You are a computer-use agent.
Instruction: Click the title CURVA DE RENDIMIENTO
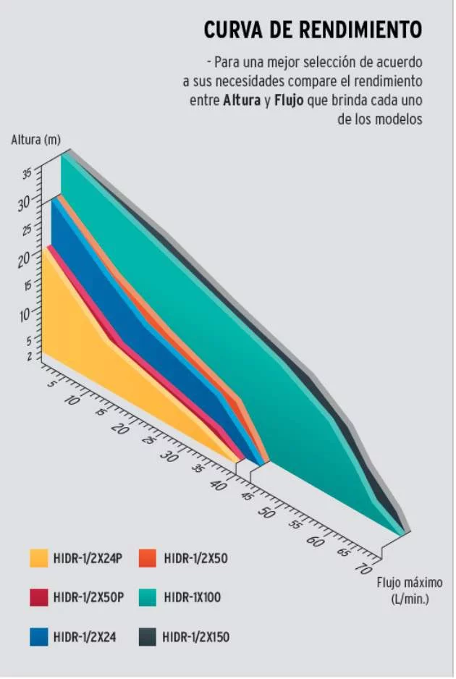click(313, 30)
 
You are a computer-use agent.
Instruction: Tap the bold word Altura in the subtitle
click(242, 101)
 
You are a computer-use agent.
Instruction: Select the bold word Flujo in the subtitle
click(289, 101)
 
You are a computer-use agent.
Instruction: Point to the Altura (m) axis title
click(35, 140)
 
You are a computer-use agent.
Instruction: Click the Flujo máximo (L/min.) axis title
click(410, 591)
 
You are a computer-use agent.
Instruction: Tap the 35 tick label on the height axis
click(27, 174)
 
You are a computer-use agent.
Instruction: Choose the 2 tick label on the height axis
click(30, 356)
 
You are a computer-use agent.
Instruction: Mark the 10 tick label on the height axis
click(25, 316)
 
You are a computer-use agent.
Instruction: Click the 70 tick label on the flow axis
click(363, 568)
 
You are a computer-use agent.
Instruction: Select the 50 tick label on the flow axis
click(266, 513)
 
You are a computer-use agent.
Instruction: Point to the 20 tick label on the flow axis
click(120, 429)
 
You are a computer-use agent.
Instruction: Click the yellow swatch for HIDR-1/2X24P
click(38, 558)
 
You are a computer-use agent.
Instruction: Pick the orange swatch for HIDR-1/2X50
click(147, 558)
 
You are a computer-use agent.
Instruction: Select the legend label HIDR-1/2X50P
click(88, 598)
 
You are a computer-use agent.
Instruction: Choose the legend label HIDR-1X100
click(193, 598)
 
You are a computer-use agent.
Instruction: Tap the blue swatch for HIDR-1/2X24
click(38, 637)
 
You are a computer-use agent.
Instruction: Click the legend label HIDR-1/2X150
click(195, 637)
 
